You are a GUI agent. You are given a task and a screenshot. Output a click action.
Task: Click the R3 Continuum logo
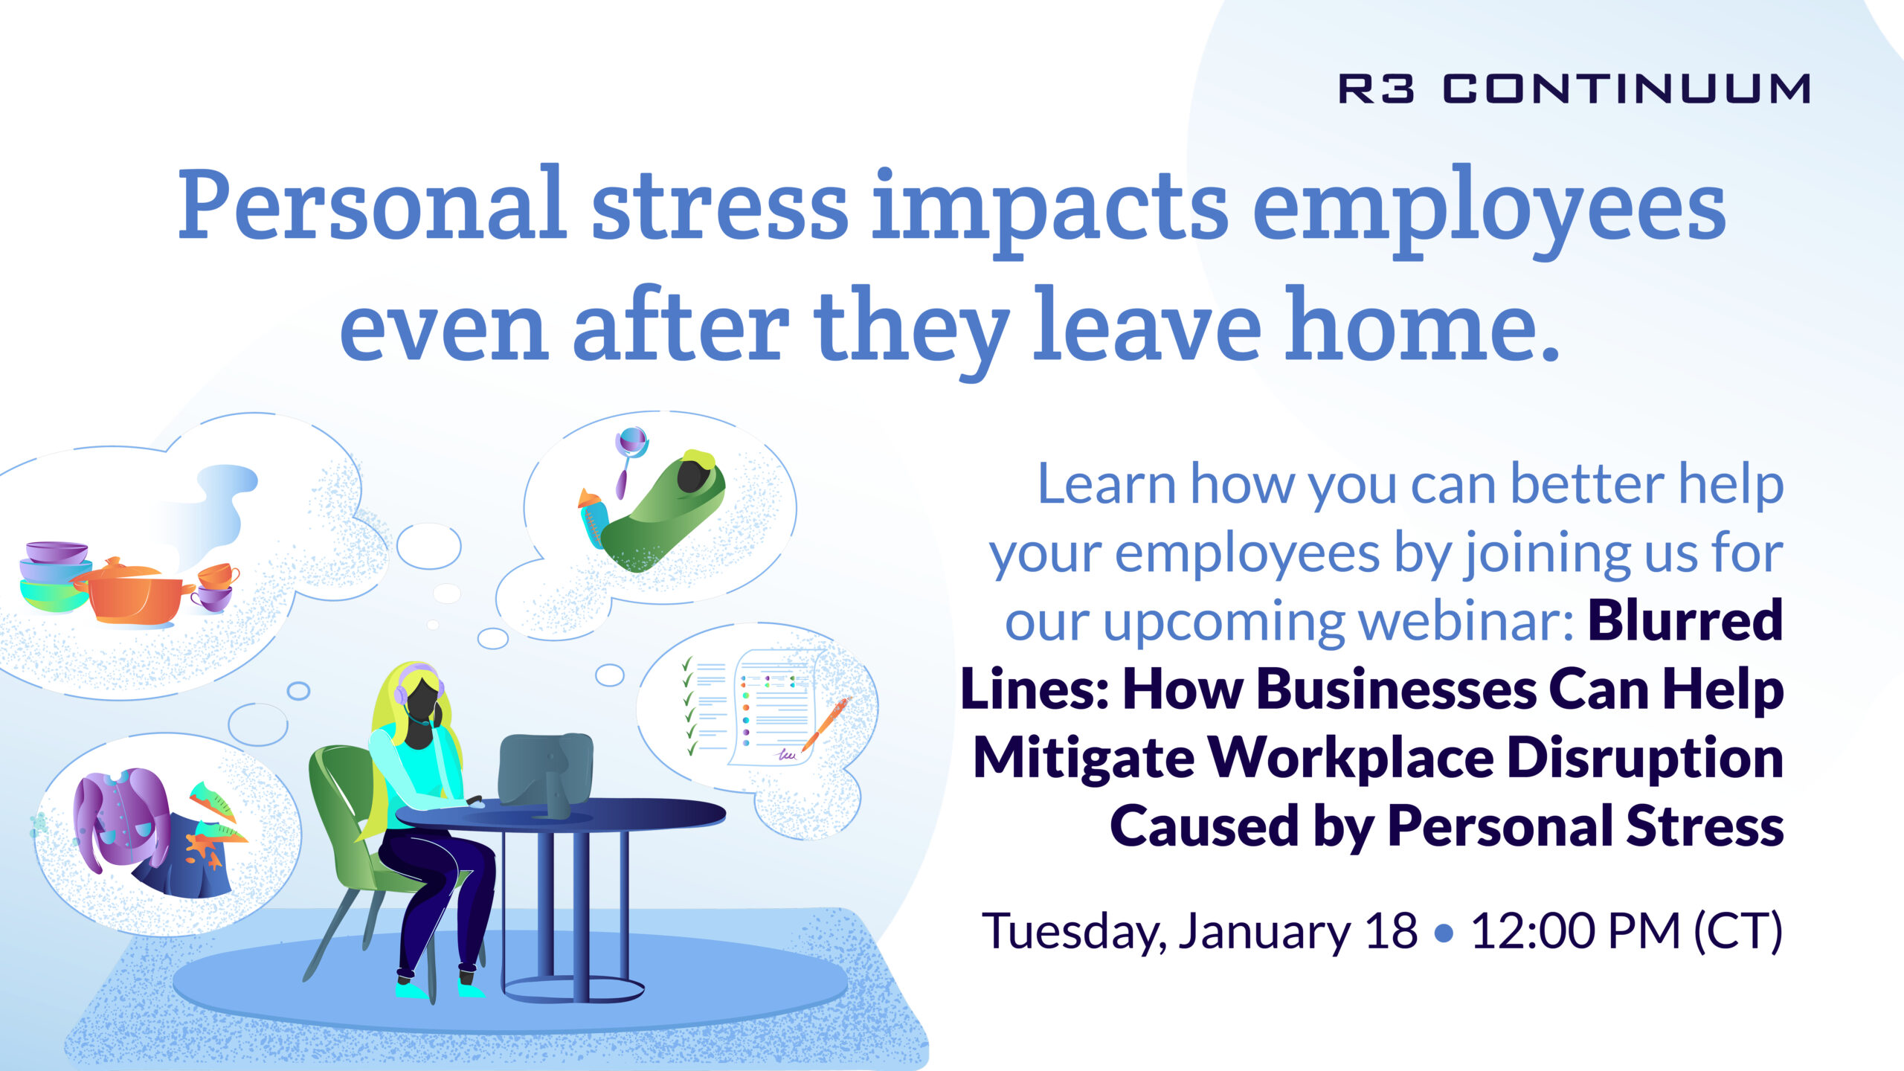[x=1574, y=89]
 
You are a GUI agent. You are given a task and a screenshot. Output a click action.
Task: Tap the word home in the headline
[x=1421, y=327]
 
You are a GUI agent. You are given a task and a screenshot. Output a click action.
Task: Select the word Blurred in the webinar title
[x=1685, y=620]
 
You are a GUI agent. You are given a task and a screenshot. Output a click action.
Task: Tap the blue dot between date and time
[x=1444, y=933]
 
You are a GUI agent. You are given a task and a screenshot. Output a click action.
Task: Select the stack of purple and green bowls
[x=54, y=576]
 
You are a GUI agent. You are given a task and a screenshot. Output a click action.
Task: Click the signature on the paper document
[x=785, y=754]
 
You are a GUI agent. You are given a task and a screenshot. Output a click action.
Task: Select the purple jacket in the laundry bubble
[x=119, y=818]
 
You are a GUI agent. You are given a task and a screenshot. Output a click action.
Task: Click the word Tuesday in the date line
[x=1074, y=932]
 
